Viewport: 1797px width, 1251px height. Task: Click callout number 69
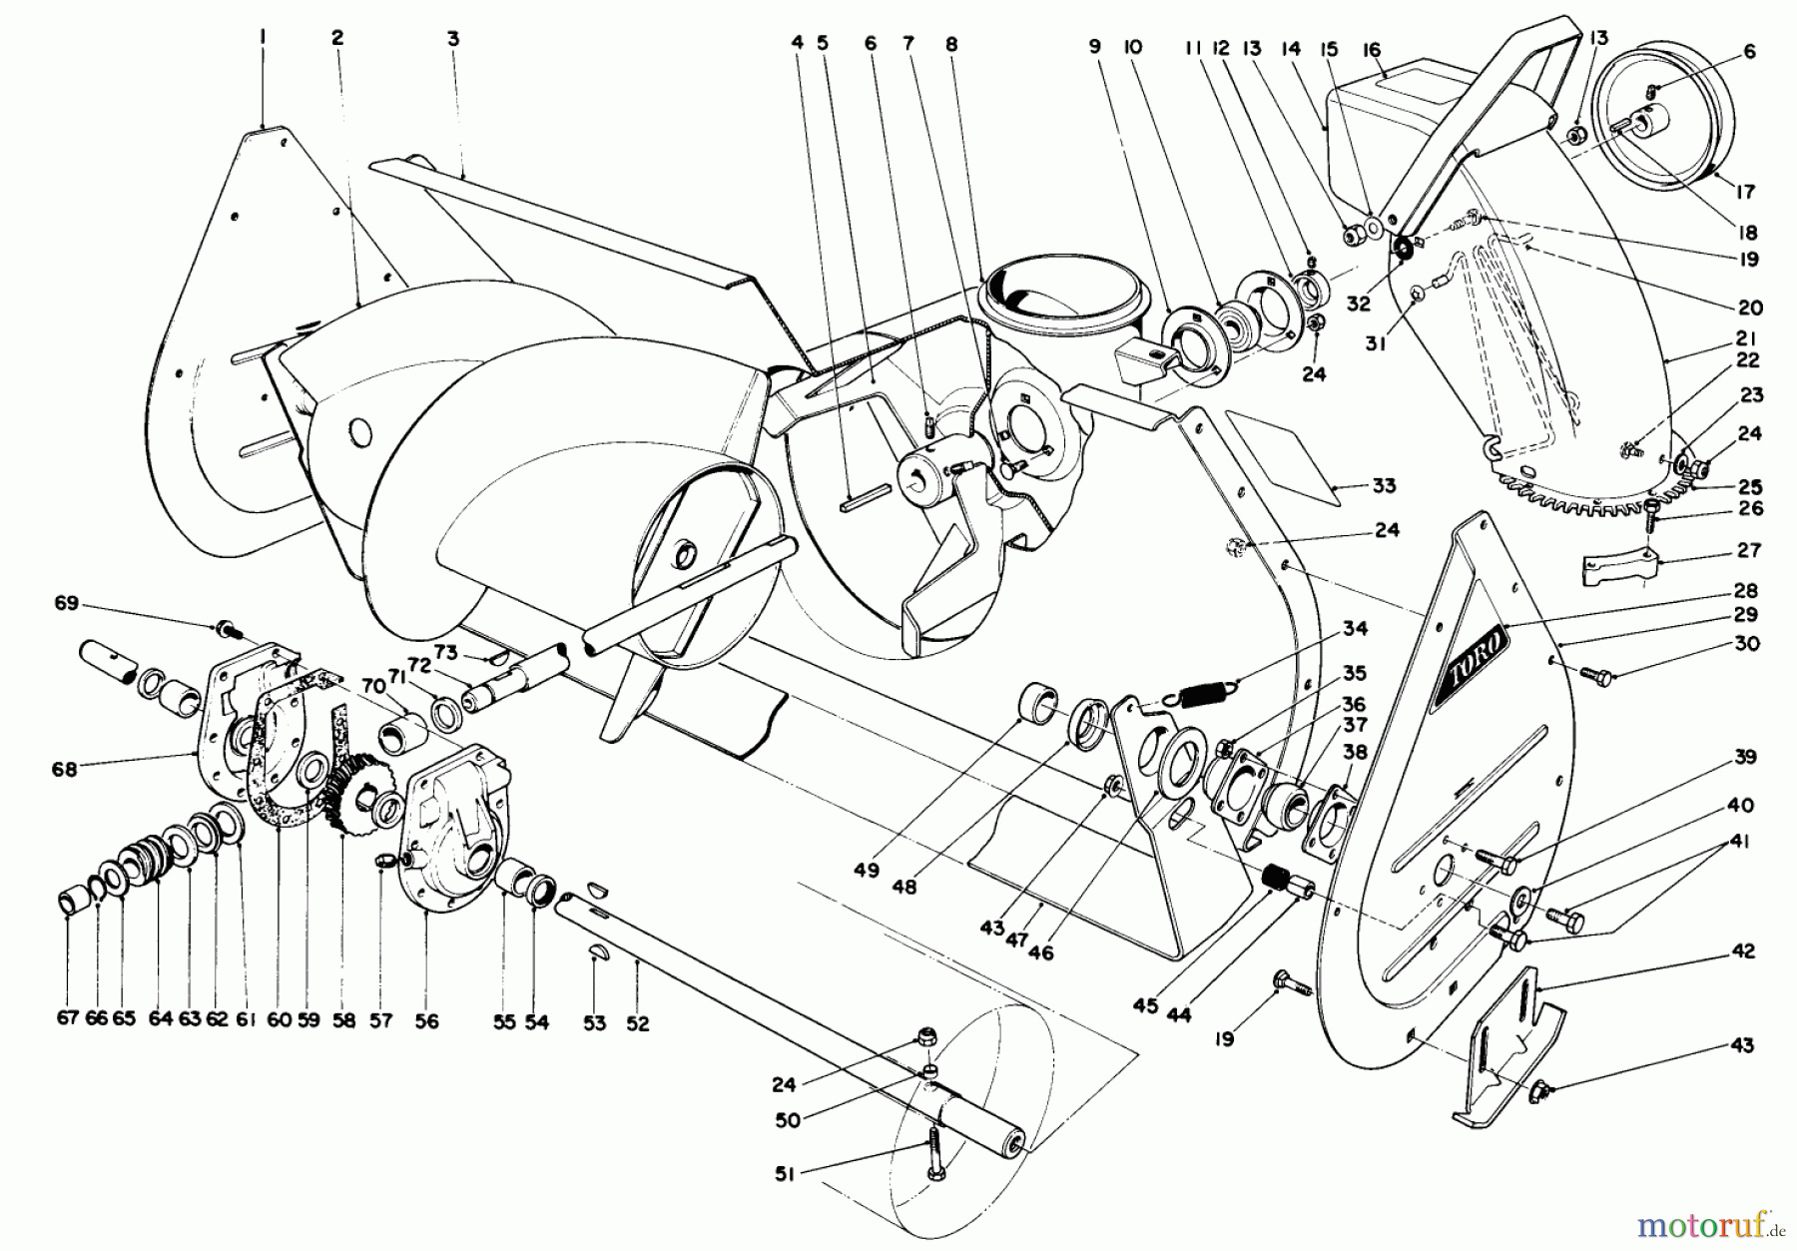[66, 604]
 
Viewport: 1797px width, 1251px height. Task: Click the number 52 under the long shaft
[637, 1023]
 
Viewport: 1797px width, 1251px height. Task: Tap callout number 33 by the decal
[1384, 486]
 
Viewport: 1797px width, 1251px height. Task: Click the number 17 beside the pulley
[1746, 192]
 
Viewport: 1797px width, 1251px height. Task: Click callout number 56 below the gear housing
[426, 1020]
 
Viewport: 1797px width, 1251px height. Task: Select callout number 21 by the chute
[1746, 338]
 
